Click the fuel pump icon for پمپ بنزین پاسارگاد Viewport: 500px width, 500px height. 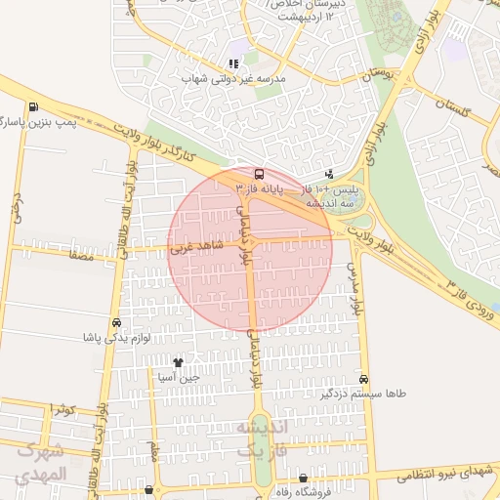(x=35, y=107)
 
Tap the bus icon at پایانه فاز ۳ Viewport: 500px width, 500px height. (x=259, y=171)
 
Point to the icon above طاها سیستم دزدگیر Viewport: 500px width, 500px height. (x=364, y=379)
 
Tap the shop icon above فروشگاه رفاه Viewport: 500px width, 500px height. (x=304, y=479)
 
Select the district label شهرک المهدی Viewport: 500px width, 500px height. (x=41, y=464)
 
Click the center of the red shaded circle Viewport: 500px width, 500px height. (x=250, y=249)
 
